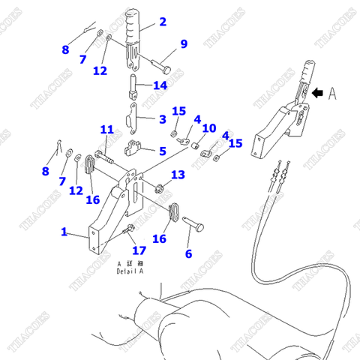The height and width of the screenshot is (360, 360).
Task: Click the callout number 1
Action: point(64,232)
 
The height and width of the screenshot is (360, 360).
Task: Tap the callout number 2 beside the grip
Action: point(163,22)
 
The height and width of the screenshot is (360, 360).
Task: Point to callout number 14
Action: point(160,85)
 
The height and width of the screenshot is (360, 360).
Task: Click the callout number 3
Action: point(162,118)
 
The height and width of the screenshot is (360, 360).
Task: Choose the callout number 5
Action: point(162,151)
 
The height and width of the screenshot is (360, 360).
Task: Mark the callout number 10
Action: point(209,128)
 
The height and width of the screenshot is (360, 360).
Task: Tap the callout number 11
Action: point(106,130)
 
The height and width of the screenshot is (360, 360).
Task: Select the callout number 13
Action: point(177,175)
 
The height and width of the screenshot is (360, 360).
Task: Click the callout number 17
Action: point(139,250)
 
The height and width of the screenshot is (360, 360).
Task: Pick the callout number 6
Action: point(188,254)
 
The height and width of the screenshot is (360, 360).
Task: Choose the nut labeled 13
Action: point(160,186)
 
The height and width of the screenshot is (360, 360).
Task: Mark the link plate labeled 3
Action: point(134,114)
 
